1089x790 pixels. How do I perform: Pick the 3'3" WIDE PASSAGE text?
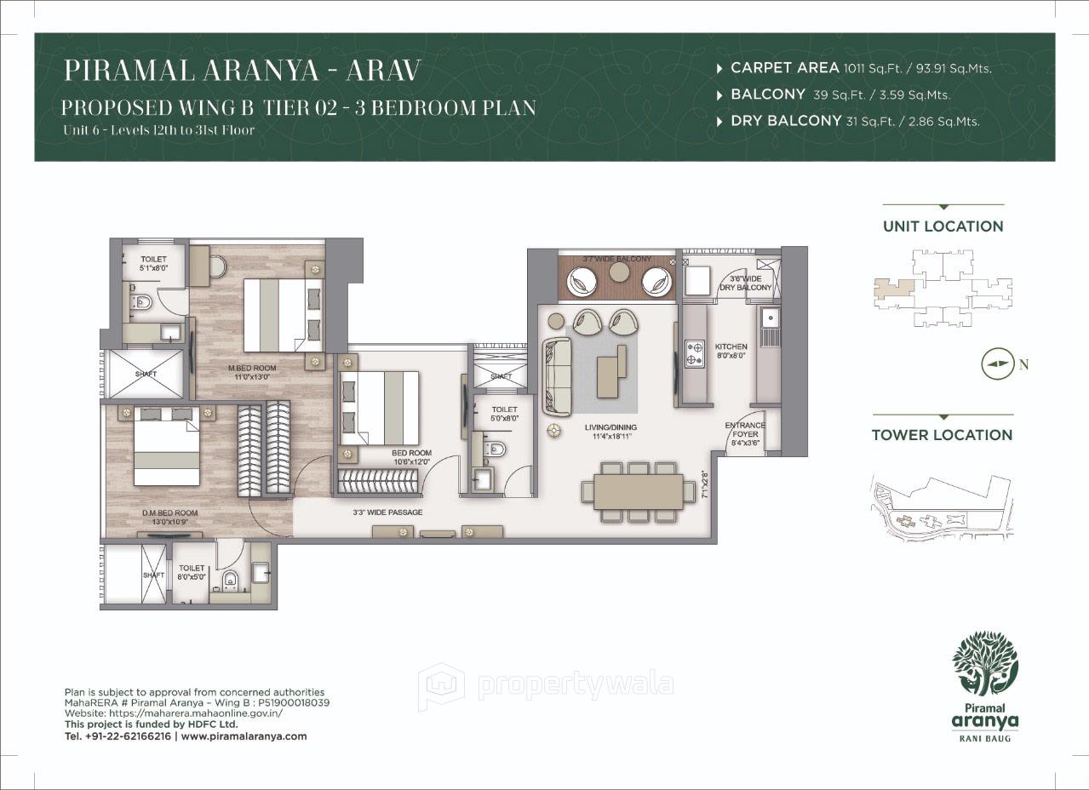pos(387,512)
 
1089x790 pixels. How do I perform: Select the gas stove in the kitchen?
pos(695,353)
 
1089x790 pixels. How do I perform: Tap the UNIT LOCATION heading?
pos(943,226)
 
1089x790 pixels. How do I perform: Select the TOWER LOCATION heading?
pos(942,435)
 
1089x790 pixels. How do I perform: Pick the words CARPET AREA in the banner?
pos(784,68)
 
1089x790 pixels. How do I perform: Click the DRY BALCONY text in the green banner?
pos(785,121)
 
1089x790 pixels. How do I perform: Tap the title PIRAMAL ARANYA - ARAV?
pos(243,71)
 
